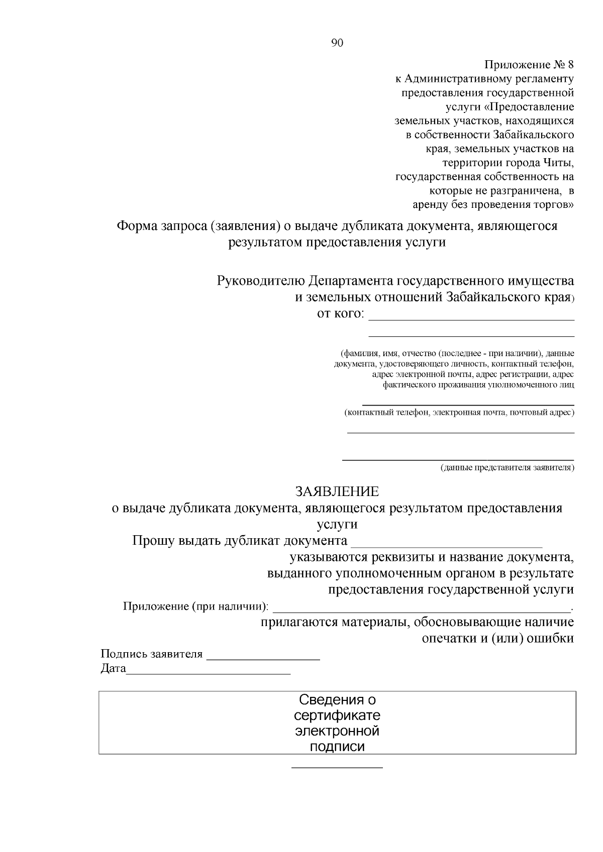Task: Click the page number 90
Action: (337, 43)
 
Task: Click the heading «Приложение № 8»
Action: (529, 65)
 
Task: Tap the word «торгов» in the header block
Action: (554, 205)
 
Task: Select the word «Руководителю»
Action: (260, 280)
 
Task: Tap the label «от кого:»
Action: (340, 314)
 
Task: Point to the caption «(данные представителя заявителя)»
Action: (507, 468)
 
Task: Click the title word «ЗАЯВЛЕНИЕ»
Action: (337, 491)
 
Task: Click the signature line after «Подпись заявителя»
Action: (263, 658)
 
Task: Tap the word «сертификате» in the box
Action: (337, 715)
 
